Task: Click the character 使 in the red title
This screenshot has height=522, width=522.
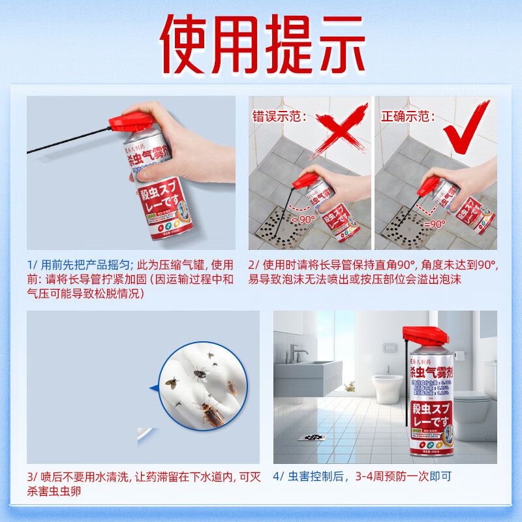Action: (190, 40)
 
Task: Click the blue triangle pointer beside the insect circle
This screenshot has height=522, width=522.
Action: (154, 389)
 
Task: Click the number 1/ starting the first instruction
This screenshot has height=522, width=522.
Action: (33, 265)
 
